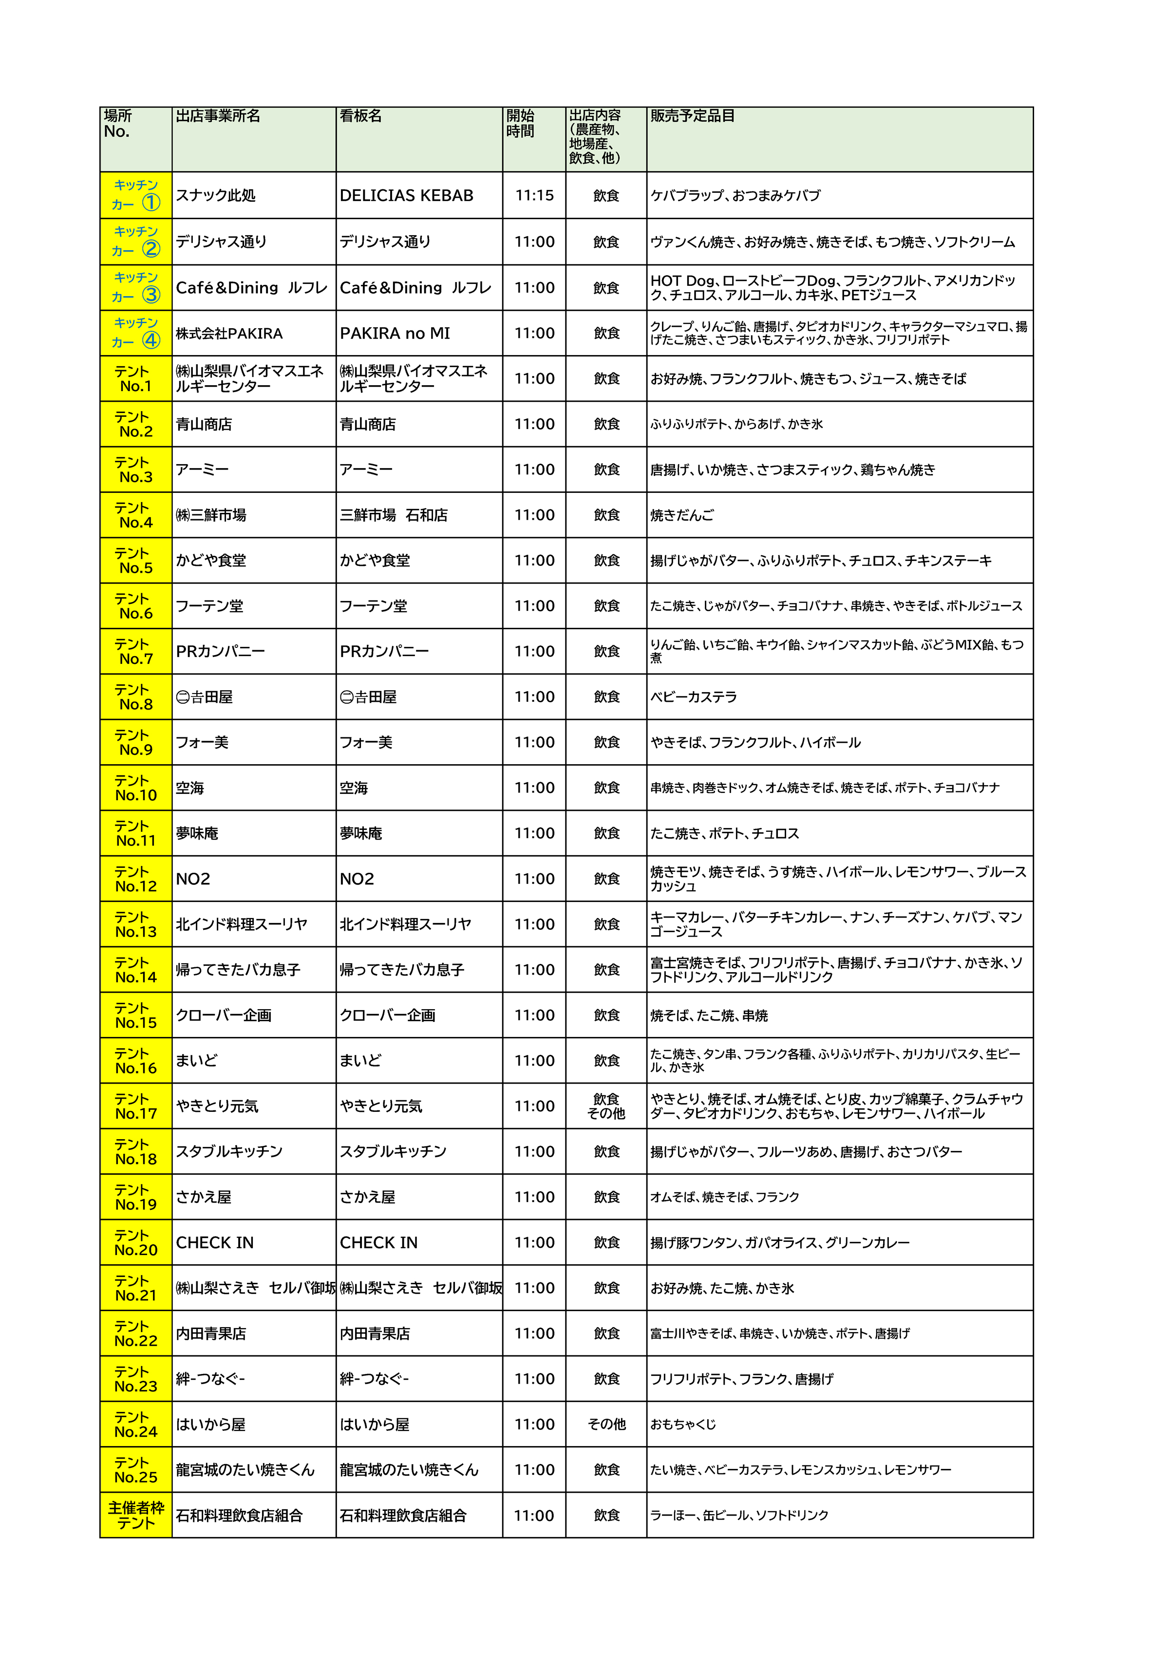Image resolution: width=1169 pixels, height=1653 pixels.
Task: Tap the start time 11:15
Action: tap(534, 196)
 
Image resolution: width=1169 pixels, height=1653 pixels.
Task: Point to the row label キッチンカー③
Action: tap(135, 287)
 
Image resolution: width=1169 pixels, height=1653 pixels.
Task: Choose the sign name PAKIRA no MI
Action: tap(395, 333)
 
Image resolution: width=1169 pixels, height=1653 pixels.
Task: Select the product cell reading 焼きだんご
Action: tap(682, 515)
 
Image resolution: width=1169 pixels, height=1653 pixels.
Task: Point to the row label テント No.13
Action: tap(135, 924)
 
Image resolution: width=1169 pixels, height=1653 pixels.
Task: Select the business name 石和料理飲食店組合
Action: tap(239, 1516)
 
